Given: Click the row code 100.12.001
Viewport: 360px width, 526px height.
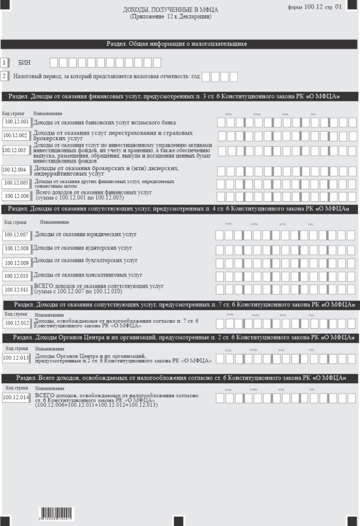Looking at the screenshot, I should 16,122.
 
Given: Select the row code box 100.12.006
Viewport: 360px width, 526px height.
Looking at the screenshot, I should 16,196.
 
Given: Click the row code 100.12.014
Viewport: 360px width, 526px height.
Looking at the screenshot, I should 16,398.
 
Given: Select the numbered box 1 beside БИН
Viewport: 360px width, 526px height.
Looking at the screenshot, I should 5,63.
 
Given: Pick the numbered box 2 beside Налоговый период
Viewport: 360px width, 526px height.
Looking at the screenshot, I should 5,76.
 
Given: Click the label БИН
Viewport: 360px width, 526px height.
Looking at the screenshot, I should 25,63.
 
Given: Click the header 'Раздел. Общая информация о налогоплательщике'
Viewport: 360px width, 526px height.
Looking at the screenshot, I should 177,44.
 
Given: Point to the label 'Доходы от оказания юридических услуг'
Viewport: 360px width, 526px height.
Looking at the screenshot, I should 85,235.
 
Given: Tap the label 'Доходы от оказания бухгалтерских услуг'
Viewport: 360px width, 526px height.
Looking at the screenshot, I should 85,261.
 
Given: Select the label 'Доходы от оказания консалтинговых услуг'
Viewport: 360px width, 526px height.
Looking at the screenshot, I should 88,275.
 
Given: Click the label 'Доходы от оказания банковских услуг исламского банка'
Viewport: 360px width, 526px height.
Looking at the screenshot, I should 104,123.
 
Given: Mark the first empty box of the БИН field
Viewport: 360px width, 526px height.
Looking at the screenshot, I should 54,63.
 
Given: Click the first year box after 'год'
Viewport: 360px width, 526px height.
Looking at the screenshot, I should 206,77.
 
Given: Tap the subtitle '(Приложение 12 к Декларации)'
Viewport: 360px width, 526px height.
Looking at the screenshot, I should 171,17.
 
